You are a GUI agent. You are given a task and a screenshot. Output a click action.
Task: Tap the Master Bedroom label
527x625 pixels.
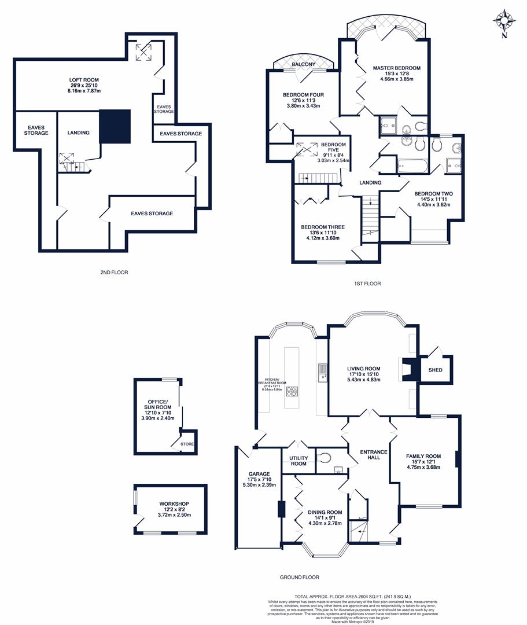[x=396, y=68]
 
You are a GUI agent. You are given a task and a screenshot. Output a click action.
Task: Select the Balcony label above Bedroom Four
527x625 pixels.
[x=303, y=64]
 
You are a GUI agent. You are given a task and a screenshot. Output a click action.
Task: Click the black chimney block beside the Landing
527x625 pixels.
[x=116, y=126]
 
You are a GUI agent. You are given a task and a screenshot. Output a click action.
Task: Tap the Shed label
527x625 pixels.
[x=435, y=370]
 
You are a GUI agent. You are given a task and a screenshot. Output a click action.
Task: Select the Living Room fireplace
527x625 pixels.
[x=409, y=369]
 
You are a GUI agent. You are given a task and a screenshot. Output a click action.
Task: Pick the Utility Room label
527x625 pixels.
[x=298, y=461]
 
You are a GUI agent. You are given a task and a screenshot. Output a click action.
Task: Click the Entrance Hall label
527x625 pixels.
[x=370, y=454]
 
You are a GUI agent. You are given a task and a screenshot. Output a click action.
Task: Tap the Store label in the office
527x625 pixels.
[x=187, y=444]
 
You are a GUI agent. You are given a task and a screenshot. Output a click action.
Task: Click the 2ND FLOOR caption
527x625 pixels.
[x=113, y=272]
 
